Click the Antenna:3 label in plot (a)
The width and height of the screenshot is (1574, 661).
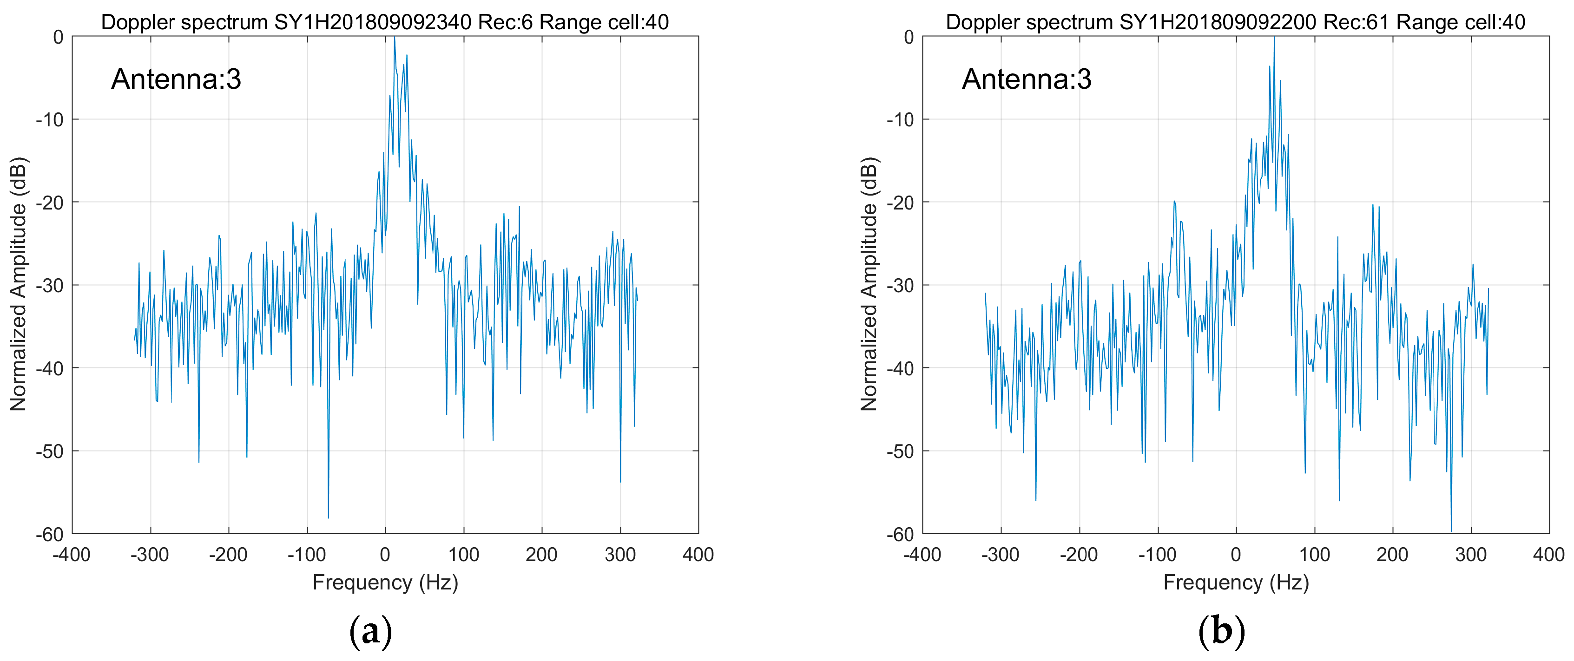[176, 79]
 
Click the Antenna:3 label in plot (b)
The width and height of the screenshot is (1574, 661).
[1027, 79]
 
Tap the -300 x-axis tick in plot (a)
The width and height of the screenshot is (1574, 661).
[150, 555]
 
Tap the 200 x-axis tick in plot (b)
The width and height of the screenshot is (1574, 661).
[1392, 555]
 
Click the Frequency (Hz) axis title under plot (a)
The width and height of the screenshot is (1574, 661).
[385, 582]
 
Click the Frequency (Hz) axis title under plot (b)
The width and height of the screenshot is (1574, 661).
[1236, 582]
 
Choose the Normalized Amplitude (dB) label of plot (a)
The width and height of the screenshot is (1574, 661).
[18, 284]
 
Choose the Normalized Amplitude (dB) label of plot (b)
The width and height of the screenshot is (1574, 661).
[869, 284]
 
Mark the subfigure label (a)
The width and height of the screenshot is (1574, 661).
[370, 631]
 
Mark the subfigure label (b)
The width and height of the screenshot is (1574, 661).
[1221, 631]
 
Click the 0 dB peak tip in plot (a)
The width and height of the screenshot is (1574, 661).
[394, 38]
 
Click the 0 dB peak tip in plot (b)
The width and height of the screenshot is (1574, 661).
[1274, 38]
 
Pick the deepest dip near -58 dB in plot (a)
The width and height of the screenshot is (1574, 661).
[328, 517]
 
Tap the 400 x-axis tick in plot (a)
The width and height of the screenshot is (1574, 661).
[698, 555]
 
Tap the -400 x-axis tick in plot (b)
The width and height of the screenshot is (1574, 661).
[922, 555]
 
